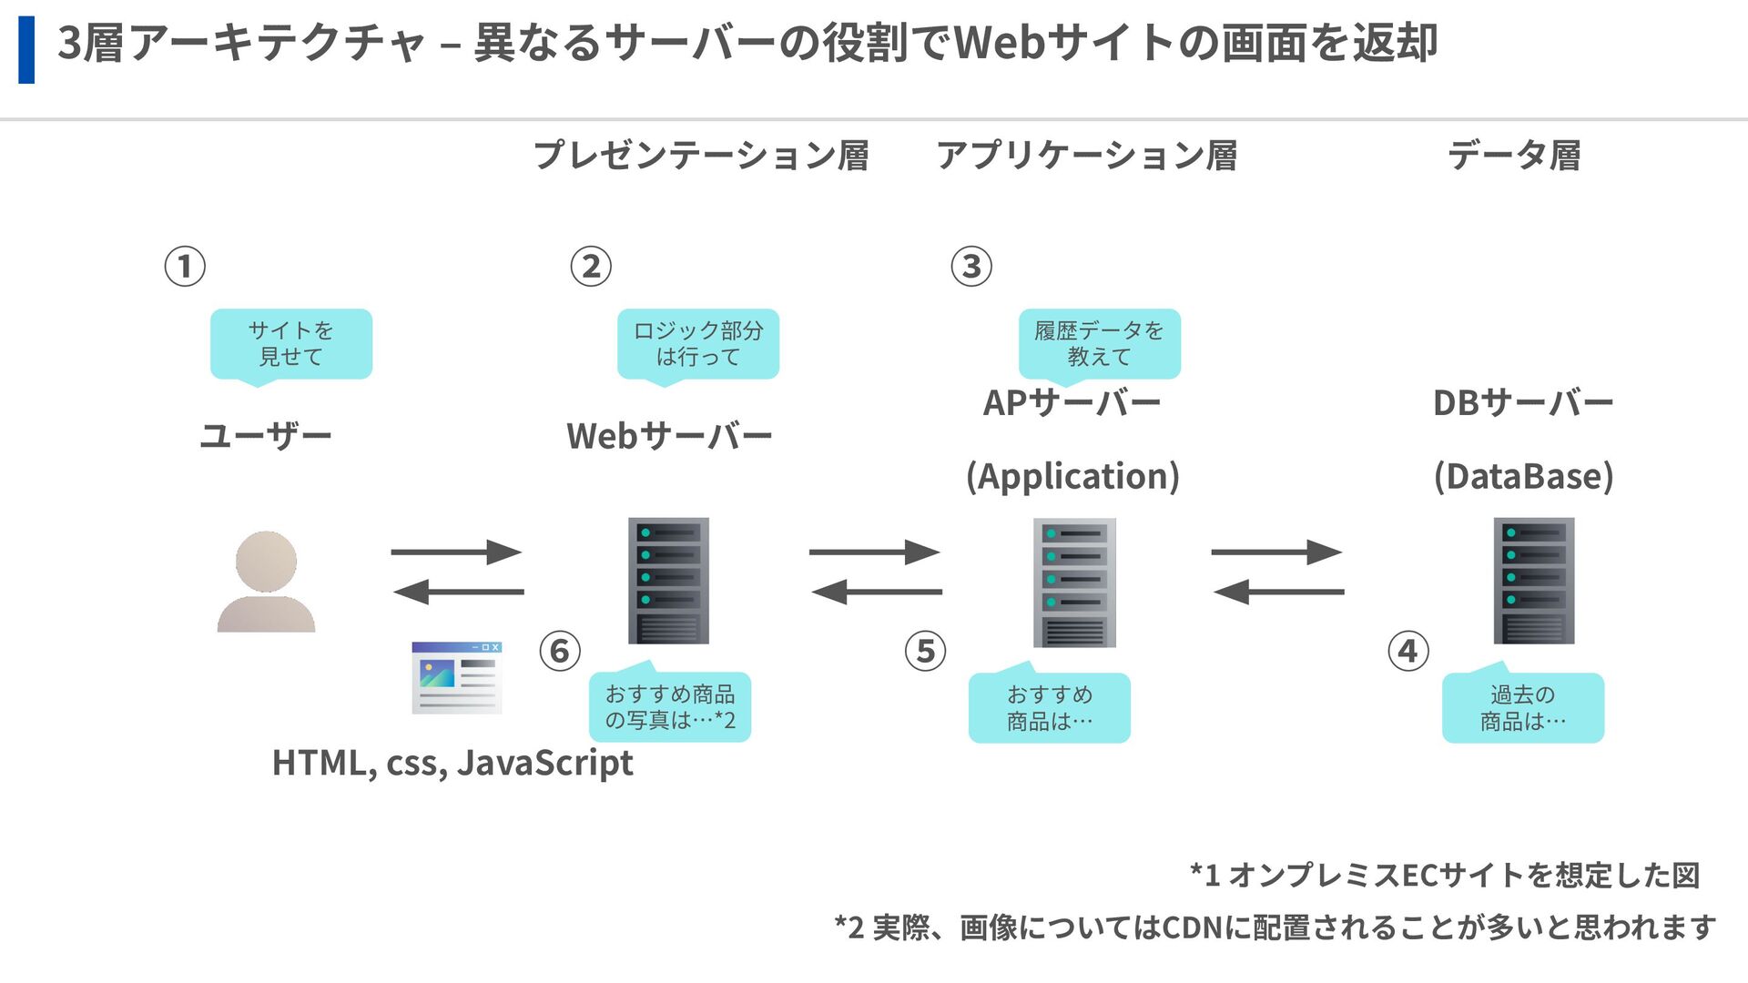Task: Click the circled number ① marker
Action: (185, 267)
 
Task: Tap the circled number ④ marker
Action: (1408, 651)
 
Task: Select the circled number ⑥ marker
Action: (560, 651)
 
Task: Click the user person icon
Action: (266, 582)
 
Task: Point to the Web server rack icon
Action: (668, 581)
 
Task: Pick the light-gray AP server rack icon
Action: (1074, 583)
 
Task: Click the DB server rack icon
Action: (1534, 581)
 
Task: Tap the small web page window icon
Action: (456, 677)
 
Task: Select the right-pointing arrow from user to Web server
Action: (456, 552)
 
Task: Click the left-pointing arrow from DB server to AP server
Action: (1278, 592)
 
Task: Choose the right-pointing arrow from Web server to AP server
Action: (874, 552)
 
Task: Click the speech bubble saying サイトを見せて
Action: (291, 346)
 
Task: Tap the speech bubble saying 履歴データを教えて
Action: (1100, 346)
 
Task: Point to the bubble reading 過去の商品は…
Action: (1523, 704)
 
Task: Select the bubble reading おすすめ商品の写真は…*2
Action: (670, 704)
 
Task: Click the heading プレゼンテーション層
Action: (701, 156)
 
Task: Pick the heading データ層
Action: (1515, 156)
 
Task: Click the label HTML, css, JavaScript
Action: (452, 763)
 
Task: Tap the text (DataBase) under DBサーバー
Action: (1524, 476)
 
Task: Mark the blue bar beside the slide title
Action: (26, 49)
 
